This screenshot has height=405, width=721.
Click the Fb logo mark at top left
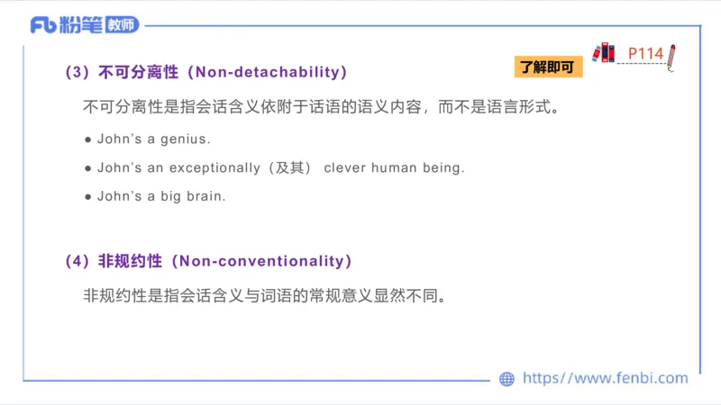click(x=43, y=25)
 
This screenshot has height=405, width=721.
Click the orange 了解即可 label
click(x=549, y=67)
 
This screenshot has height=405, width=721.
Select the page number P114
click(x=645, y=54)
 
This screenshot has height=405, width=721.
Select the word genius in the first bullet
click(x=187, y=139)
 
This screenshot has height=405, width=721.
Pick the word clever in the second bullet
click(x=344, y=167)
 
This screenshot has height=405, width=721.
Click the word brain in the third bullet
click(x=205, y=195)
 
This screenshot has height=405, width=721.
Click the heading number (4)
click(x=76, y=261)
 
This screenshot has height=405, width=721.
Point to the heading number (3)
click(x=76, y=72)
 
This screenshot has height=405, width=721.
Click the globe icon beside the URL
click(x=507, y=379)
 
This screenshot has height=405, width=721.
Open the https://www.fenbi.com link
click(x=605, y=379)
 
